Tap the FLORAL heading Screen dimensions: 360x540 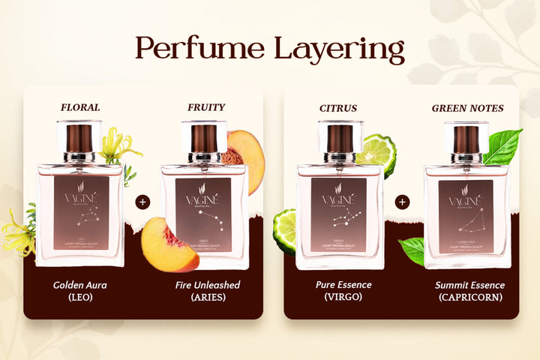pyautogui.click(x=79, y=107)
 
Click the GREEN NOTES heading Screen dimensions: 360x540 pyautogui.click(x=467, y=108)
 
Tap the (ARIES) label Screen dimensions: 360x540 pyautogui.click(x=205, y=298)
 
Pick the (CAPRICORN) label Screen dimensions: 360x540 pyautogui.click(x=469, y=298)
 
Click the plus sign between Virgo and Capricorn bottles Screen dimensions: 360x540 pyautogui.click(x=403, y=202)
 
